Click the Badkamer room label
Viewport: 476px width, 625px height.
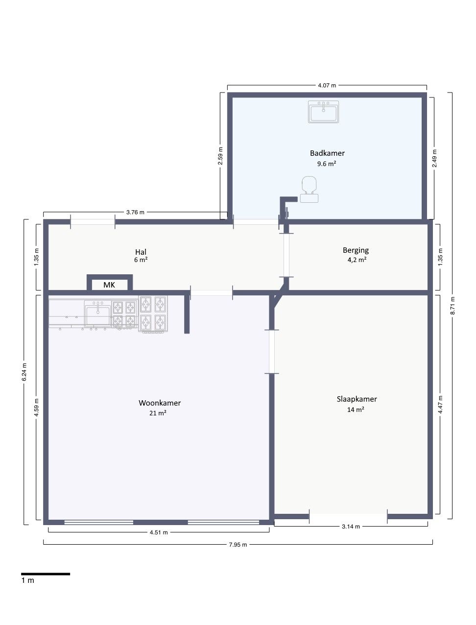tap(327, 153)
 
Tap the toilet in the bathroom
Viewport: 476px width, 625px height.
tap(309, 190)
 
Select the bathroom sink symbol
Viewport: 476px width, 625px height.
tap(323, 112)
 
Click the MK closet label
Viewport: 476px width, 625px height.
tap(109, 285)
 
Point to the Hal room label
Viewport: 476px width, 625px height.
tap(141, 252)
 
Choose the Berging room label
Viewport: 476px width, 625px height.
tap(356, 250)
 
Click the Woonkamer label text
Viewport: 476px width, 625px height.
tap(160, 403)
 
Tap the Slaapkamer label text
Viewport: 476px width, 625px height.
tap(357, 399)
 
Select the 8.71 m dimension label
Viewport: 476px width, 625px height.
tap(452, 306)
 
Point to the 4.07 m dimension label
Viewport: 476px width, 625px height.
tap(327, 85)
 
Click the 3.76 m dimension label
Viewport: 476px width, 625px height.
tap(135, 212)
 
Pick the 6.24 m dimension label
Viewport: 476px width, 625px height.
tap(24, 372)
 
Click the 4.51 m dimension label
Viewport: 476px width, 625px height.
tap(159, 532)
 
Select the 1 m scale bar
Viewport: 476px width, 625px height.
tap(46, 574)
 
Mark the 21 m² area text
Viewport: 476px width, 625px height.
tap(158, 413)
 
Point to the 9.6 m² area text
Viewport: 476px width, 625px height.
tap(327, 164)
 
